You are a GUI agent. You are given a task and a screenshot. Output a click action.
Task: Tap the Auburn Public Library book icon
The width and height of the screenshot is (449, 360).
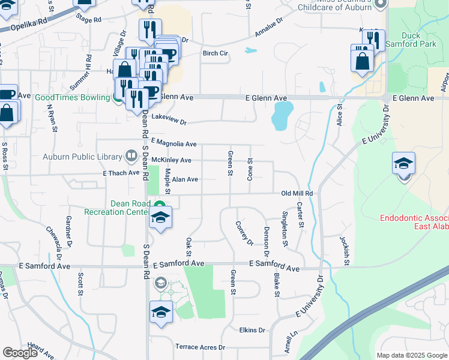[130, 157]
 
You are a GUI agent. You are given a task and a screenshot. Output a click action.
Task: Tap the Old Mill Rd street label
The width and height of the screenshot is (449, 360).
[297, 194]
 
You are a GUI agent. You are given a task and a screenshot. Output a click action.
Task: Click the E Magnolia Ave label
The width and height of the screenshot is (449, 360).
[174, 143]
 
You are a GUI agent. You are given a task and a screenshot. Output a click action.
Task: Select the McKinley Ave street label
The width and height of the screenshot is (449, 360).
[171, 160]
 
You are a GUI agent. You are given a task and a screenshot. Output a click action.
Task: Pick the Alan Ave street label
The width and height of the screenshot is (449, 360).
[185, 179]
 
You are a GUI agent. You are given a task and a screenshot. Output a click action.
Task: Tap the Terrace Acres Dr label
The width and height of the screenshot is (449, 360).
[200, 347]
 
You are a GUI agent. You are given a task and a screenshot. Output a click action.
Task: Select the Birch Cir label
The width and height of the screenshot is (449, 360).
[216, 53]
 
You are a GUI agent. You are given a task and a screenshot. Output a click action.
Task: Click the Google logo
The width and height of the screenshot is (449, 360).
[20, 353]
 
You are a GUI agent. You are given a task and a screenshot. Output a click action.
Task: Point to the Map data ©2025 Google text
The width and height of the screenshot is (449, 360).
[411, 355]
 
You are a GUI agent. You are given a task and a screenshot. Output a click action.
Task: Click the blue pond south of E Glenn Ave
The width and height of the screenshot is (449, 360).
[282, 116]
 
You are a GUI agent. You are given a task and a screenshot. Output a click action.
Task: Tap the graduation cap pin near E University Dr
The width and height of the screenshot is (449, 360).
[403, 163]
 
